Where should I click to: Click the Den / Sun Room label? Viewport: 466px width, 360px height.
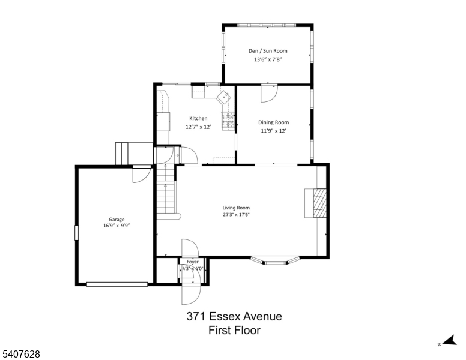[x=268, y=51]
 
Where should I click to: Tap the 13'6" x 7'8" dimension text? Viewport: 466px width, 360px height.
[x=268, y=59]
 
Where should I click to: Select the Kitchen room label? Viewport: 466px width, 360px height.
[x=198, y=118]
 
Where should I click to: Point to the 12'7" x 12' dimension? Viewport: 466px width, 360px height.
[x=198, y=127]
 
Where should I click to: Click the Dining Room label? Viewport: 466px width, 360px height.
[x=273, y=122]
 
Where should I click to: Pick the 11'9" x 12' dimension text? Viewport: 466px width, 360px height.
[x=273, y=131]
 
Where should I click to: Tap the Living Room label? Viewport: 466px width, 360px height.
[x=236, y=208]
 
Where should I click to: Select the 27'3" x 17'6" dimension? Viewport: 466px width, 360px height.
[x=236, y=215]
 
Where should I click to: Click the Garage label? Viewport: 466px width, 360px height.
[x=116, y=220]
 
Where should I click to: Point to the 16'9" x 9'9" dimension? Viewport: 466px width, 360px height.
[x=116, y=227]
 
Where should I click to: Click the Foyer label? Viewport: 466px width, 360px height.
[x=192, y=262]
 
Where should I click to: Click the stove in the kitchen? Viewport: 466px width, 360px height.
[x=228, y=121]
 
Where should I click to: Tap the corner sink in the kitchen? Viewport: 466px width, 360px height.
[x=225, y=96]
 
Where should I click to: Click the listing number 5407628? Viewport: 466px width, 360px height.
[x=21, y=355]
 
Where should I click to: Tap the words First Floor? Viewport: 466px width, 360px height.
[x=234, y=330]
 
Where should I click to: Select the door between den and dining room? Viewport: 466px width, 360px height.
[x=268, y=93]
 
